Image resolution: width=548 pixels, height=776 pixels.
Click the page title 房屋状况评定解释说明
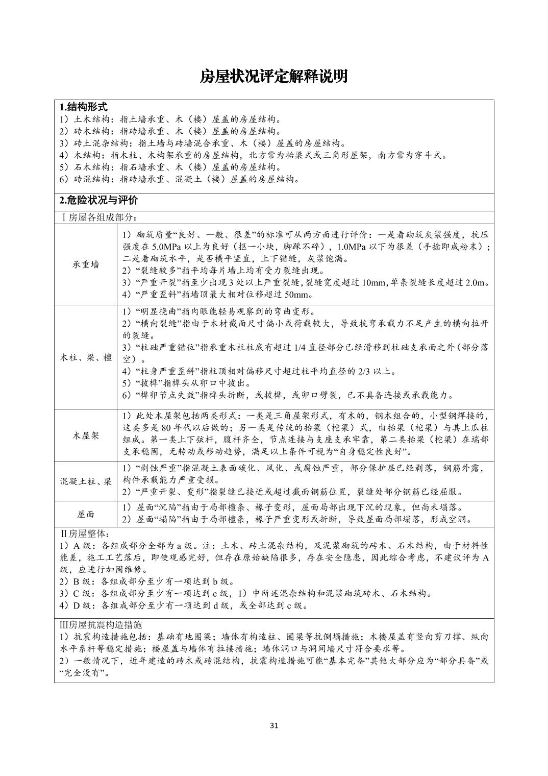(x=273, y=77)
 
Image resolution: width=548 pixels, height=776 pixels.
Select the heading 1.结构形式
(x=83, y=107)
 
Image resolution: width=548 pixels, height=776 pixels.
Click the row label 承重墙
(x=86, y=264)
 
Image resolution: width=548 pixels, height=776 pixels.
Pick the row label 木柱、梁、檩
(x=86, y=357)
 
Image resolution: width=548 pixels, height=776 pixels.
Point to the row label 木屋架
(x=86, y=435)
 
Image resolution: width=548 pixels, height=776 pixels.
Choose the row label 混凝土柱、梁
(x=86, y=481)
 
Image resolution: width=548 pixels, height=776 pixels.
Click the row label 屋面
(x=86, y=514)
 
